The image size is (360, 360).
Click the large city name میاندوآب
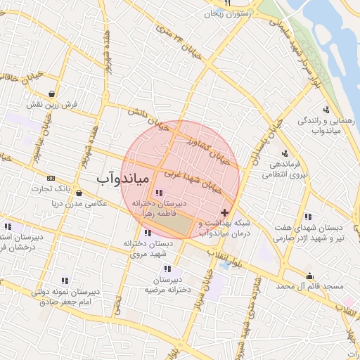coord(122,181)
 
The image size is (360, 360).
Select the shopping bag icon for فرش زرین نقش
coord(52,94)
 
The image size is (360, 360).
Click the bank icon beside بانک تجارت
coord(51,178)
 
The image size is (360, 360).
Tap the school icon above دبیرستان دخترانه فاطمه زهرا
coord(158,193)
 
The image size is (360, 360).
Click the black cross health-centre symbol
coord(224,212)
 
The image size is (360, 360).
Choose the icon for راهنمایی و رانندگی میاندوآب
coord(326,110)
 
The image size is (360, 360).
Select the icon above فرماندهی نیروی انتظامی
coord(284,153)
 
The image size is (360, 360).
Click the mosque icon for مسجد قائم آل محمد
coord(309,276)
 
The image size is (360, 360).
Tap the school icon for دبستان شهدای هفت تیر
coord(308,217)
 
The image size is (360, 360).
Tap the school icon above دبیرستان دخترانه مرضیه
coord(167,269)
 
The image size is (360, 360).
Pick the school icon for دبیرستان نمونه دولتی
coord(65,281)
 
